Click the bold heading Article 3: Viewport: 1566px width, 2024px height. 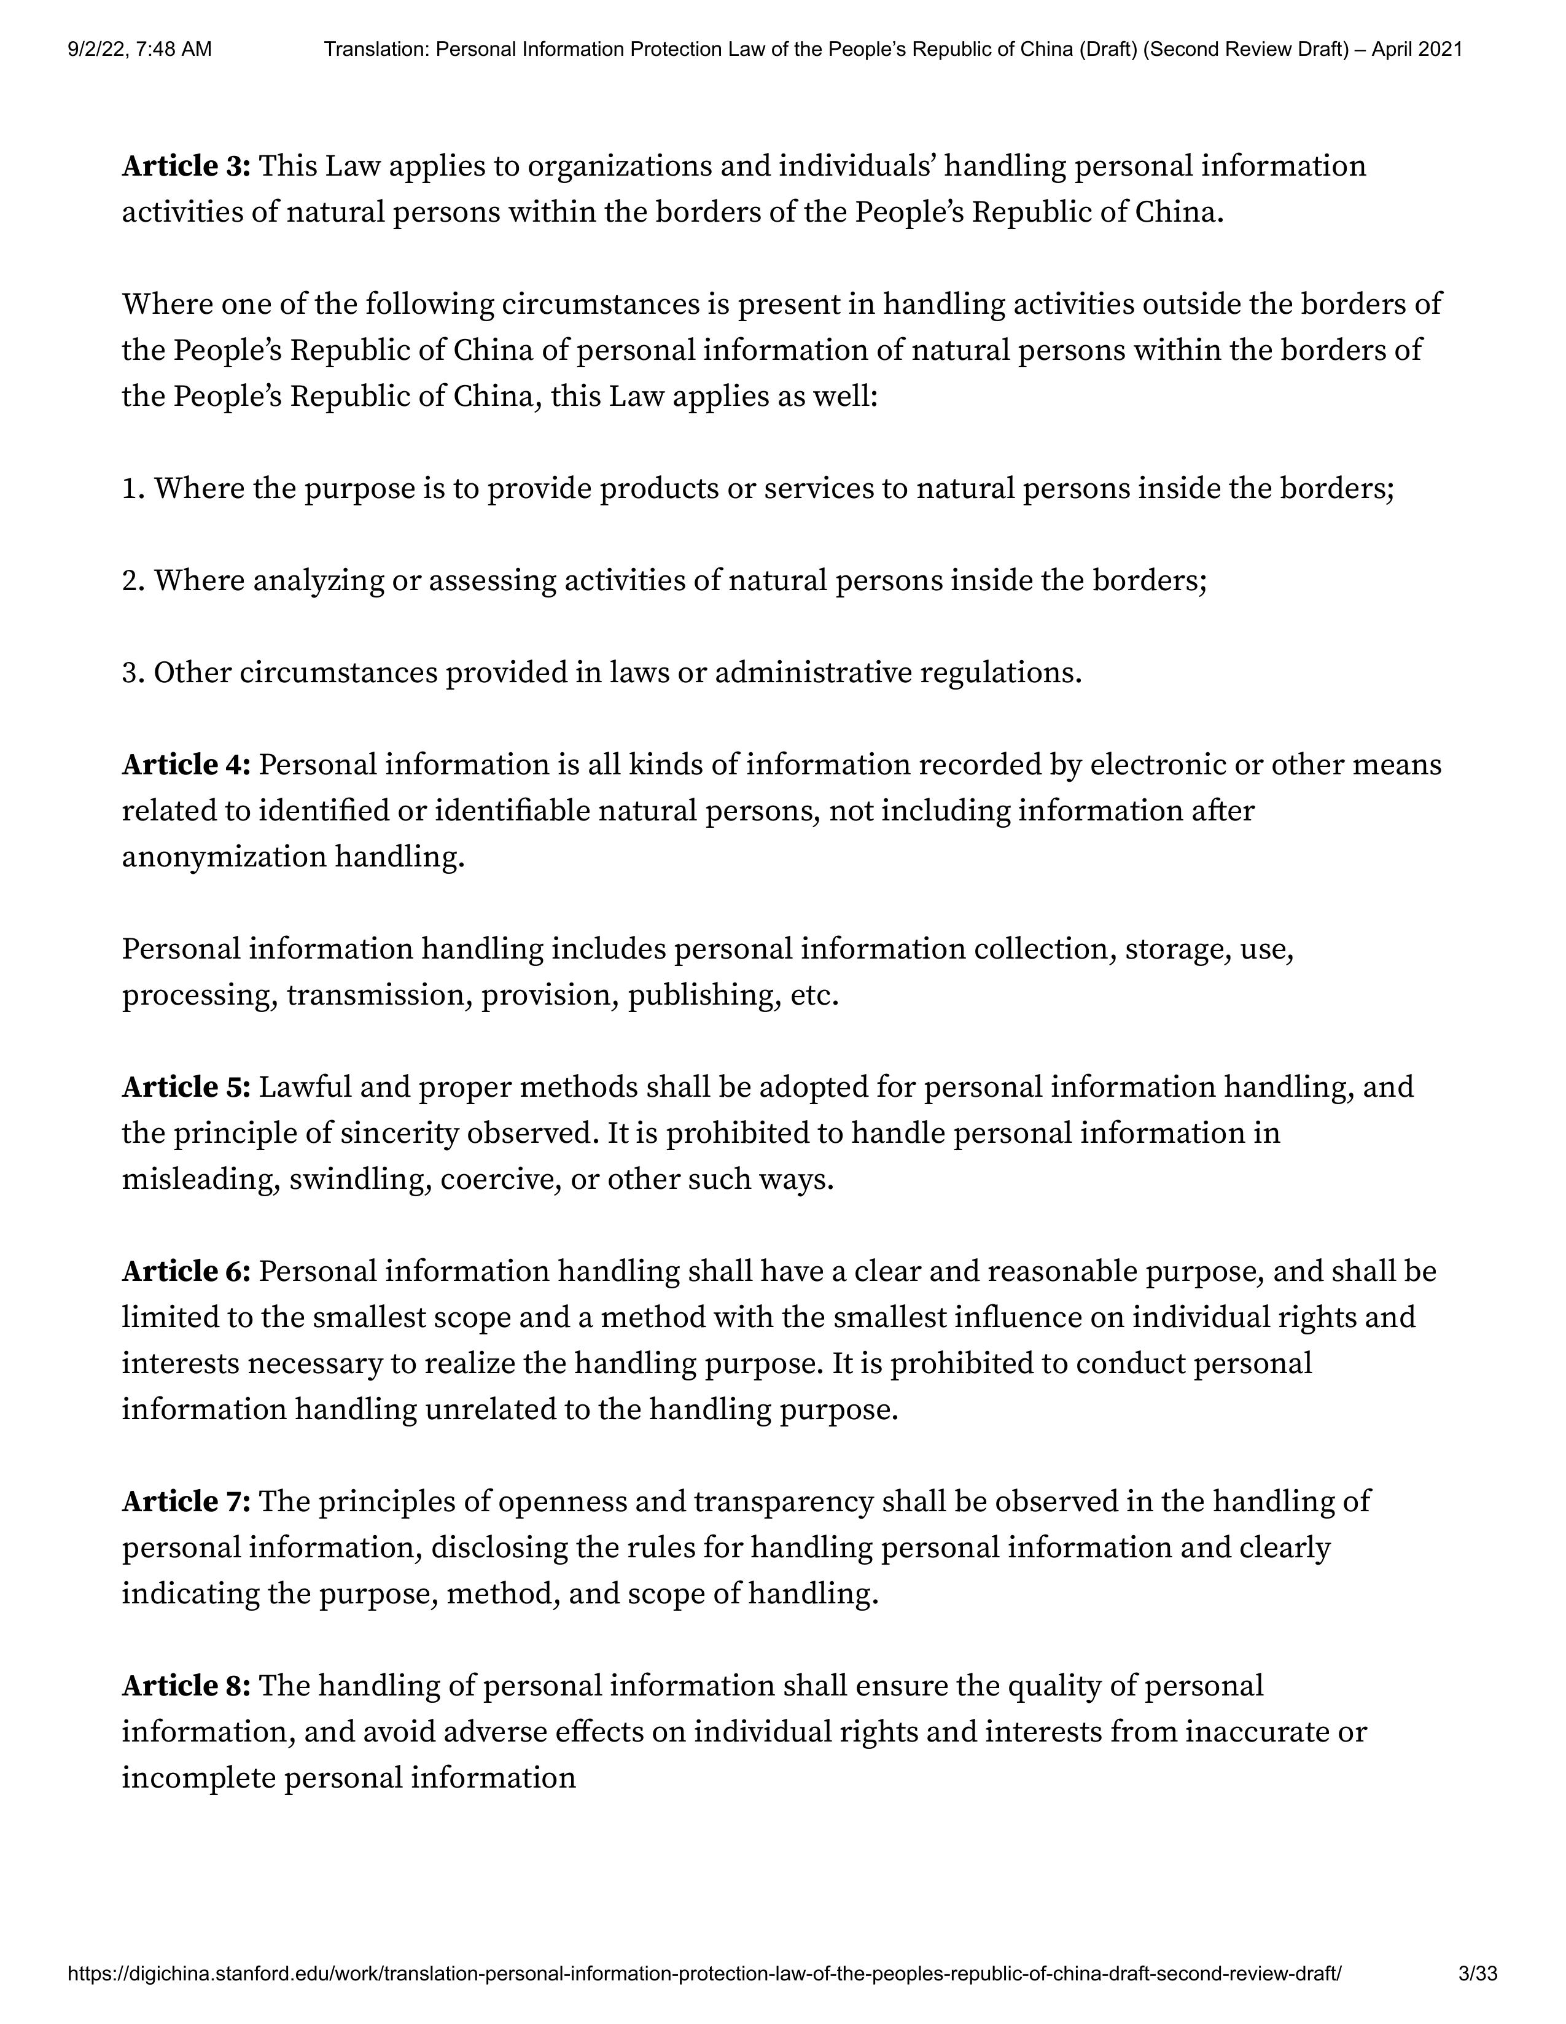186,167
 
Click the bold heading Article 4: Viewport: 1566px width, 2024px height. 186,766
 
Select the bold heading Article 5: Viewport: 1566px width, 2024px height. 186,1087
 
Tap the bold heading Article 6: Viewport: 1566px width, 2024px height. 186,1272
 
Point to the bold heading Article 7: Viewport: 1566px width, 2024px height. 186,1501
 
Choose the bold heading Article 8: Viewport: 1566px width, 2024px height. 186,1686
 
